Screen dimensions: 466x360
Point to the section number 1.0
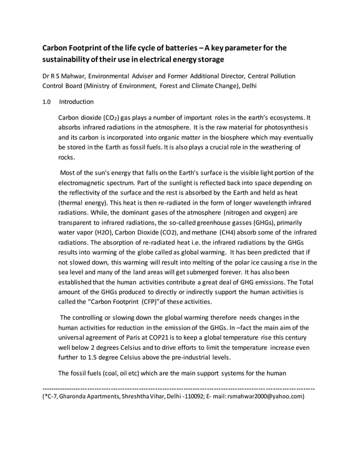[x=47, y=102]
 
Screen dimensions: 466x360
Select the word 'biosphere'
[x=227, y=137]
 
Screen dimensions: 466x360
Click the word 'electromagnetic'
[x=89, y=183]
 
